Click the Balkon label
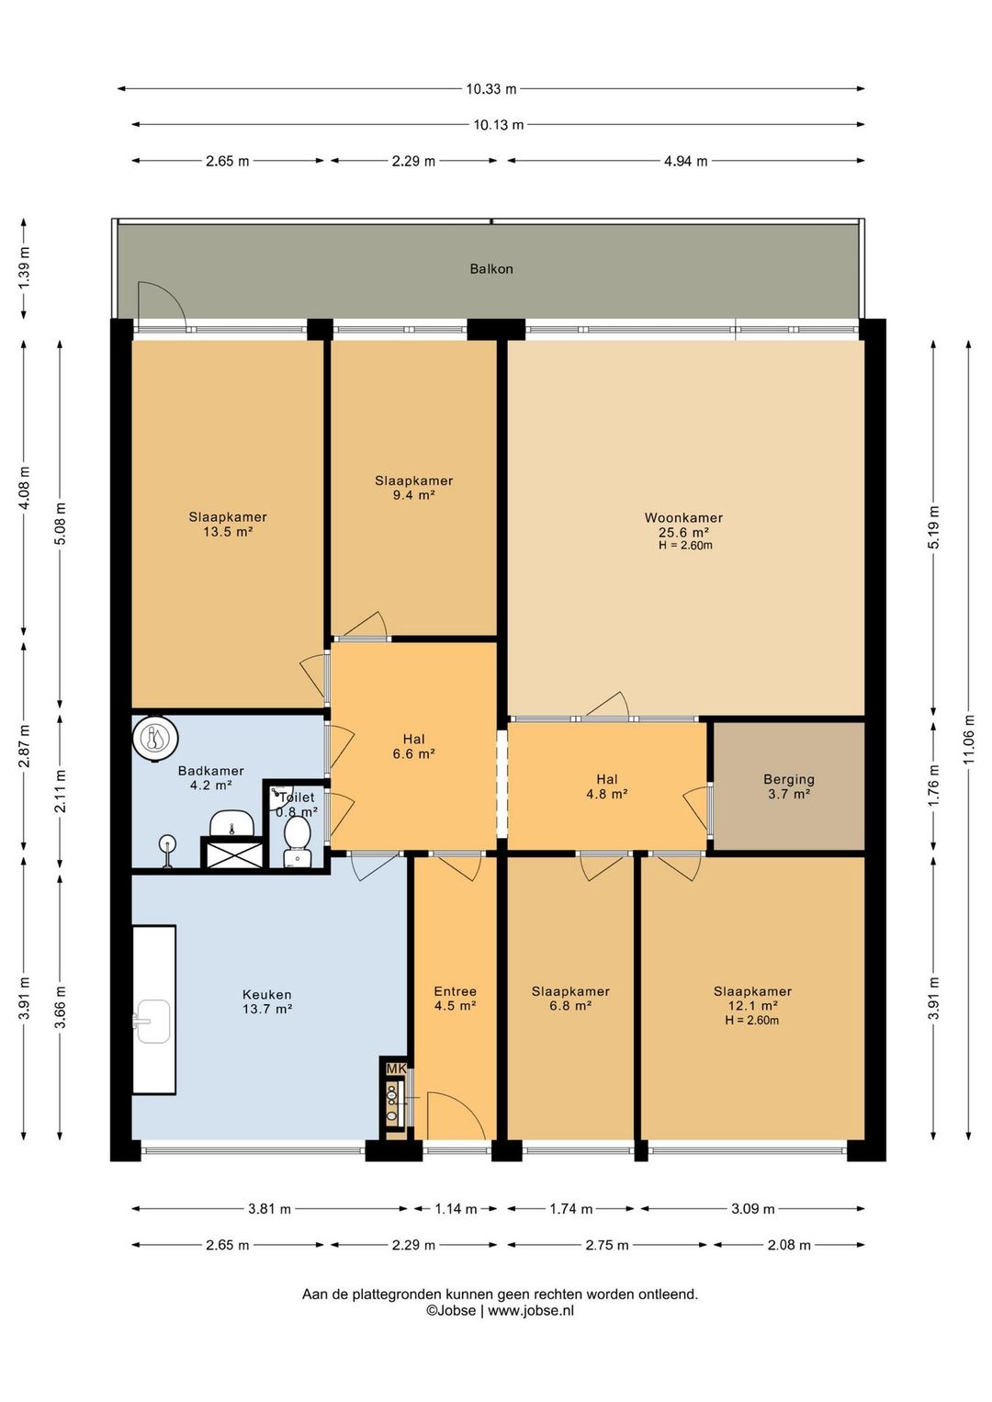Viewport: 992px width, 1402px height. point(491,268)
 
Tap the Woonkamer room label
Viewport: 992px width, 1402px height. point(683,517)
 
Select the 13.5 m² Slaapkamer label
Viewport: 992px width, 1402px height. point(228,525)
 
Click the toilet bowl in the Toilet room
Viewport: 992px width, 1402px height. point(297,833)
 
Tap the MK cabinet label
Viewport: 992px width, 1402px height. point(397,1068)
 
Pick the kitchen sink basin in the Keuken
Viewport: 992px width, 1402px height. point(153,1022)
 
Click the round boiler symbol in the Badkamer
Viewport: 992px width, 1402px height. point(156,740)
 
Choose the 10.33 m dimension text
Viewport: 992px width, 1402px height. point(491,89)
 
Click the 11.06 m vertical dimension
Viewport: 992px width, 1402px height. point(969,739)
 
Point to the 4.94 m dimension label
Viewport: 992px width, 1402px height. point(686,161)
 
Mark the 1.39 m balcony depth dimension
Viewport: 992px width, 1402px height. point(25,268)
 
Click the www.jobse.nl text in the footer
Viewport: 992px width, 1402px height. point(531,1310)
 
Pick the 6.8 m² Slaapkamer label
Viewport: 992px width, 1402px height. point(570,999)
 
